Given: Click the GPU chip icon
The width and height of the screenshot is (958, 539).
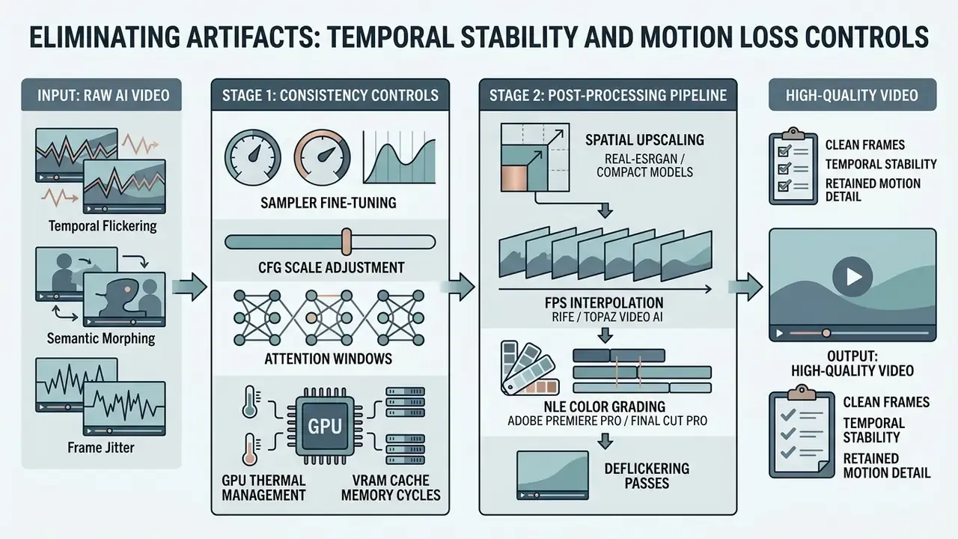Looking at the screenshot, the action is pyautogui.click(x=325, y=426).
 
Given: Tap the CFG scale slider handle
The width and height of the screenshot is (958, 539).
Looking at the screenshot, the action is pyautogui.click(x=347, y=242).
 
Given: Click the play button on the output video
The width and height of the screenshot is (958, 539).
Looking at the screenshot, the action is pyautogui.click(x=852, y=277).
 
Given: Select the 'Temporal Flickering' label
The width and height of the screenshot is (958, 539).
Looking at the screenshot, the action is pyautogui.click(x=103, y=226).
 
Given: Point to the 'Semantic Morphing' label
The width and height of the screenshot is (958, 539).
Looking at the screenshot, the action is pyautogui.click(x=101, y=338).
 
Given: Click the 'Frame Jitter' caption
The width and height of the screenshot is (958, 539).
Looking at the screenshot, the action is pyautogui.click(x=101, y=448).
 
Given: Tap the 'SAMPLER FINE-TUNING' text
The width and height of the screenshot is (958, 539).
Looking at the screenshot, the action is pyautogui.click(x=329, y=202).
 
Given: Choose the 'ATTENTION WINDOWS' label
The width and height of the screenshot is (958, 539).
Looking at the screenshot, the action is pyautogui.click(x=328, y=359).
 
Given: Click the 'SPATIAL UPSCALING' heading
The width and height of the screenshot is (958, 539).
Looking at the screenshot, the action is pyautogui.click(x=644, y=140).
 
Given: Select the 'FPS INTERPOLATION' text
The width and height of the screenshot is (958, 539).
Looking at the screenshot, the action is pyautogui.click(x=604, y=303).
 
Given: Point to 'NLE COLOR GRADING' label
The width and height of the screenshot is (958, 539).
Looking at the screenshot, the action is pyautogui.click(x=604, y=406).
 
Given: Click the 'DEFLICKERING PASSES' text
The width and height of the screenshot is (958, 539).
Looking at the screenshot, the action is pyautogui.click(x=647, y=475).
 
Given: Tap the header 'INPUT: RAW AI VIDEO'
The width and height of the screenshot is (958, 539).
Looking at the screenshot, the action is pyautogui.click(x=103, y=95).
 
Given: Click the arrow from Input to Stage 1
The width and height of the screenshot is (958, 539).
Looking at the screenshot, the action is pyautogui.click(x=189, y=286).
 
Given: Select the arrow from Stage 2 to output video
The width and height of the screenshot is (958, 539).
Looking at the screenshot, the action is pyautogui.click(x=745, y=286).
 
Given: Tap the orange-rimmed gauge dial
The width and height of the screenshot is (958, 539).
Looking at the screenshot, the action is pyautogui.click(x=322, y=157).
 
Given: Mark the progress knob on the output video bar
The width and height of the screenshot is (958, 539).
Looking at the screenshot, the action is pyautogui.click(x=826, y=333).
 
